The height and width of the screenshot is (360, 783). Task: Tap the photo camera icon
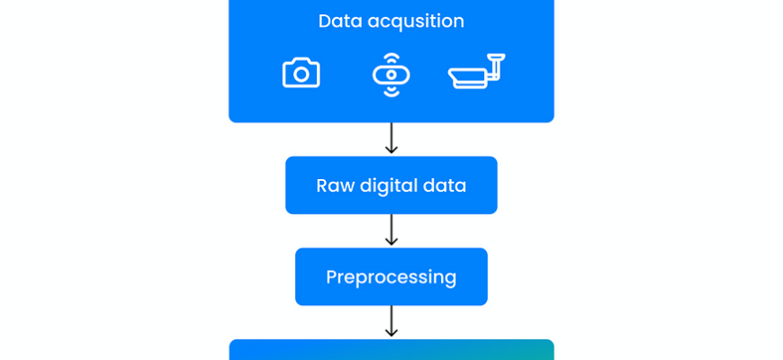[x=301, y=73]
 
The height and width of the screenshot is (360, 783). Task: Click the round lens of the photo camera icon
[x=301, y=75]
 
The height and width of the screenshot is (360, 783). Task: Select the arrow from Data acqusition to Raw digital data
[x=391, y=139]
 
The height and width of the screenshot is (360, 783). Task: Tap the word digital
[x=391, y=186]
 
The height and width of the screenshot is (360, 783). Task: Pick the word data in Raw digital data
[x=446, y=185]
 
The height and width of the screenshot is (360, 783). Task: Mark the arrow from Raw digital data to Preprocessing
[x=391, y=230]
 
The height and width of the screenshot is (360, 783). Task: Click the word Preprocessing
[x=391, y=277]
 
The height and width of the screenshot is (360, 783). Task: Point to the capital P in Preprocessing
[x=332, y=276]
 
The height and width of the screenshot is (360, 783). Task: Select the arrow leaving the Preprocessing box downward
[x=391, y=321]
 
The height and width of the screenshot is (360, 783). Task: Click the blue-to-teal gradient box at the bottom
[x=391, y=350]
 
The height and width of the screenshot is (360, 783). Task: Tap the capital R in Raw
[x=322, y=185]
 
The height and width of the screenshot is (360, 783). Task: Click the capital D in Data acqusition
[x=325, y=21]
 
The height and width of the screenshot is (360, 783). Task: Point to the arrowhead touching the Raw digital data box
[x=391, y=151]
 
